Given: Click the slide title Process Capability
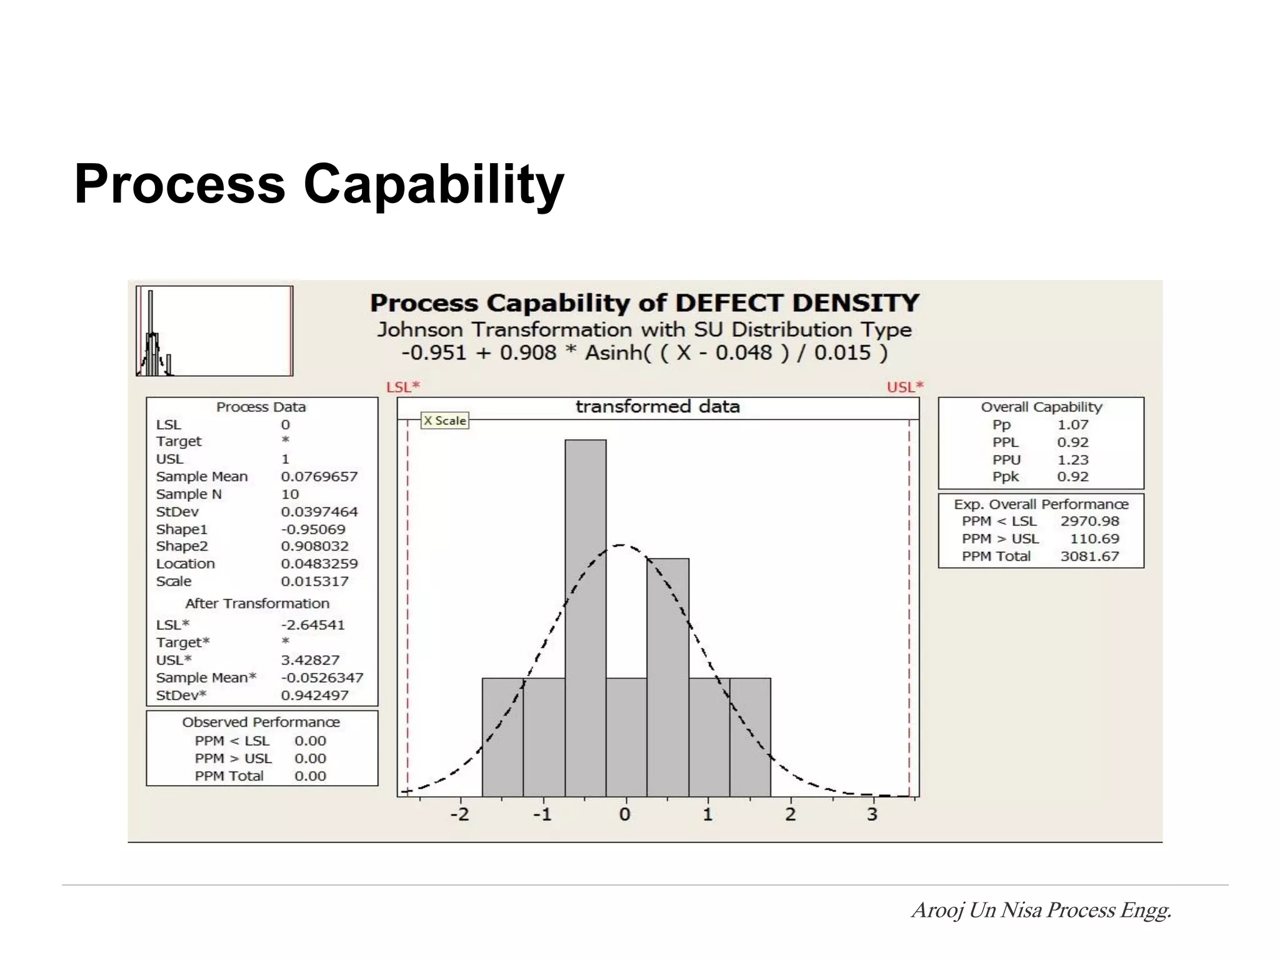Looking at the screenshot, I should point(319,184).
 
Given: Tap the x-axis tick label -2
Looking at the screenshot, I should point(459,814).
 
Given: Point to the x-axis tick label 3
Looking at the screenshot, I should point(872,814).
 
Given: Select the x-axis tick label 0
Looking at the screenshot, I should point(624,814).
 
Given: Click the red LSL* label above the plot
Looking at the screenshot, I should point(403,387).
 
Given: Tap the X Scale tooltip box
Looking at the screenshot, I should point(444,421).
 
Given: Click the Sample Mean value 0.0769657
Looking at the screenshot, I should point(319,476).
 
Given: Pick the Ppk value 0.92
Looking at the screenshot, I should point(1072,476).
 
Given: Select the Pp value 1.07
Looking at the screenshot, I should point(1072,424).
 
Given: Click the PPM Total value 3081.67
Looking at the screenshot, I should point(1089,556).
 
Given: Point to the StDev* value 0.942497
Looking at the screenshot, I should point(314,695).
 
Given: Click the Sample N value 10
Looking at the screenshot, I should point(290,494).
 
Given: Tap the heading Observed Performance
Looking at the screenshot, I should point(261,722).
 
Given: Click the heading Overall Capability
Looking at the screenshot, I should point(1041,407).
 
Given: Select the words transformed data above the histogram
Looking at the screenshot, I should point(657,407).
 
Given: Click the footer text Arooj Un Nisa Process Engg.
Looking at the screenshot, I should point(1041,910).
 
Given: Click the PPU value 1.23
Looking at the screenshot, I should point(1072,459).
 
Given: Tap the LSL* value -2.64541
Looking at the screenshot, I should point(312,624).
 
